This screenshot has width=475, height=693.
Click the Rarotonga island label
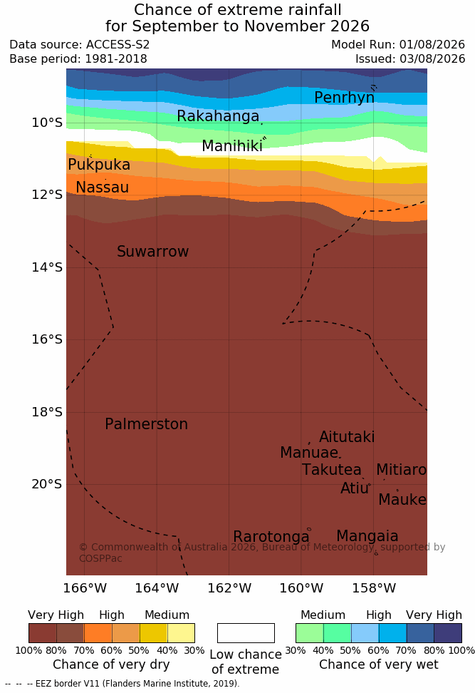point(271,537)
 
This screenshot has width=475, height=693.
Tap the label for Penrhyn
point(345,98)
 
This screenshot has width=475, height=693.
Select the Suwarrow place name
point(152,252)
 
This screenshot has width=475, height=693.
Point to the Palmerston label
point(146,424)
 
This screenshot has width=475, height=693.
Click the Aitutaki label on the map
point(347,437)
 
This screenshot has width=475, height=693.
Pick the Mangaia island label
point(367,537)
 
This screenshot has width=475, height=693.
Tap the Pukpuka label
point(99,165)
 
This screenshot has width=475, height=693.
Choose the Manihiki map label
point(232,146)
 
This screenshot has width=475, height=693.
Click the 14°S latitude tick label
point(47,267)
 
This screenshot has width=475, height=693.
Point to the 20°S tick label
point(47,484)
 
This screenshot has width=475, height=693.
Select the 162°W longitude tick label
point(229,588)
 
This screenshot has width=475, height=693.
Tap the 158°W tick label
point(374,588)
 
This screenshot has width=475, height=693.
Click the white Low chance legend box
point(246,633)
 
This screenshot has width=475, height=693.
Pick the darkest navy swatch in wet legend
point(448,633)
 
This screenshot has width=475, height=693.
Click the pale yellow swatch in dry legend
point(181,633)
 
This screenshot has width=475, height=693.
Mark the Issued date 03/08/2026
point(432,59)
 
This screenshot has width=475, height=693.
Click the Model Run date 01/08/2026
point(432,45)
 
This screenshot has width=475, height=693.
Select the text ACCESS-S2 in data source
point(118,45)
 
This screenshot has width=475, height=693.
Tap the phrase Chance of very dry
point(111,664)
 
